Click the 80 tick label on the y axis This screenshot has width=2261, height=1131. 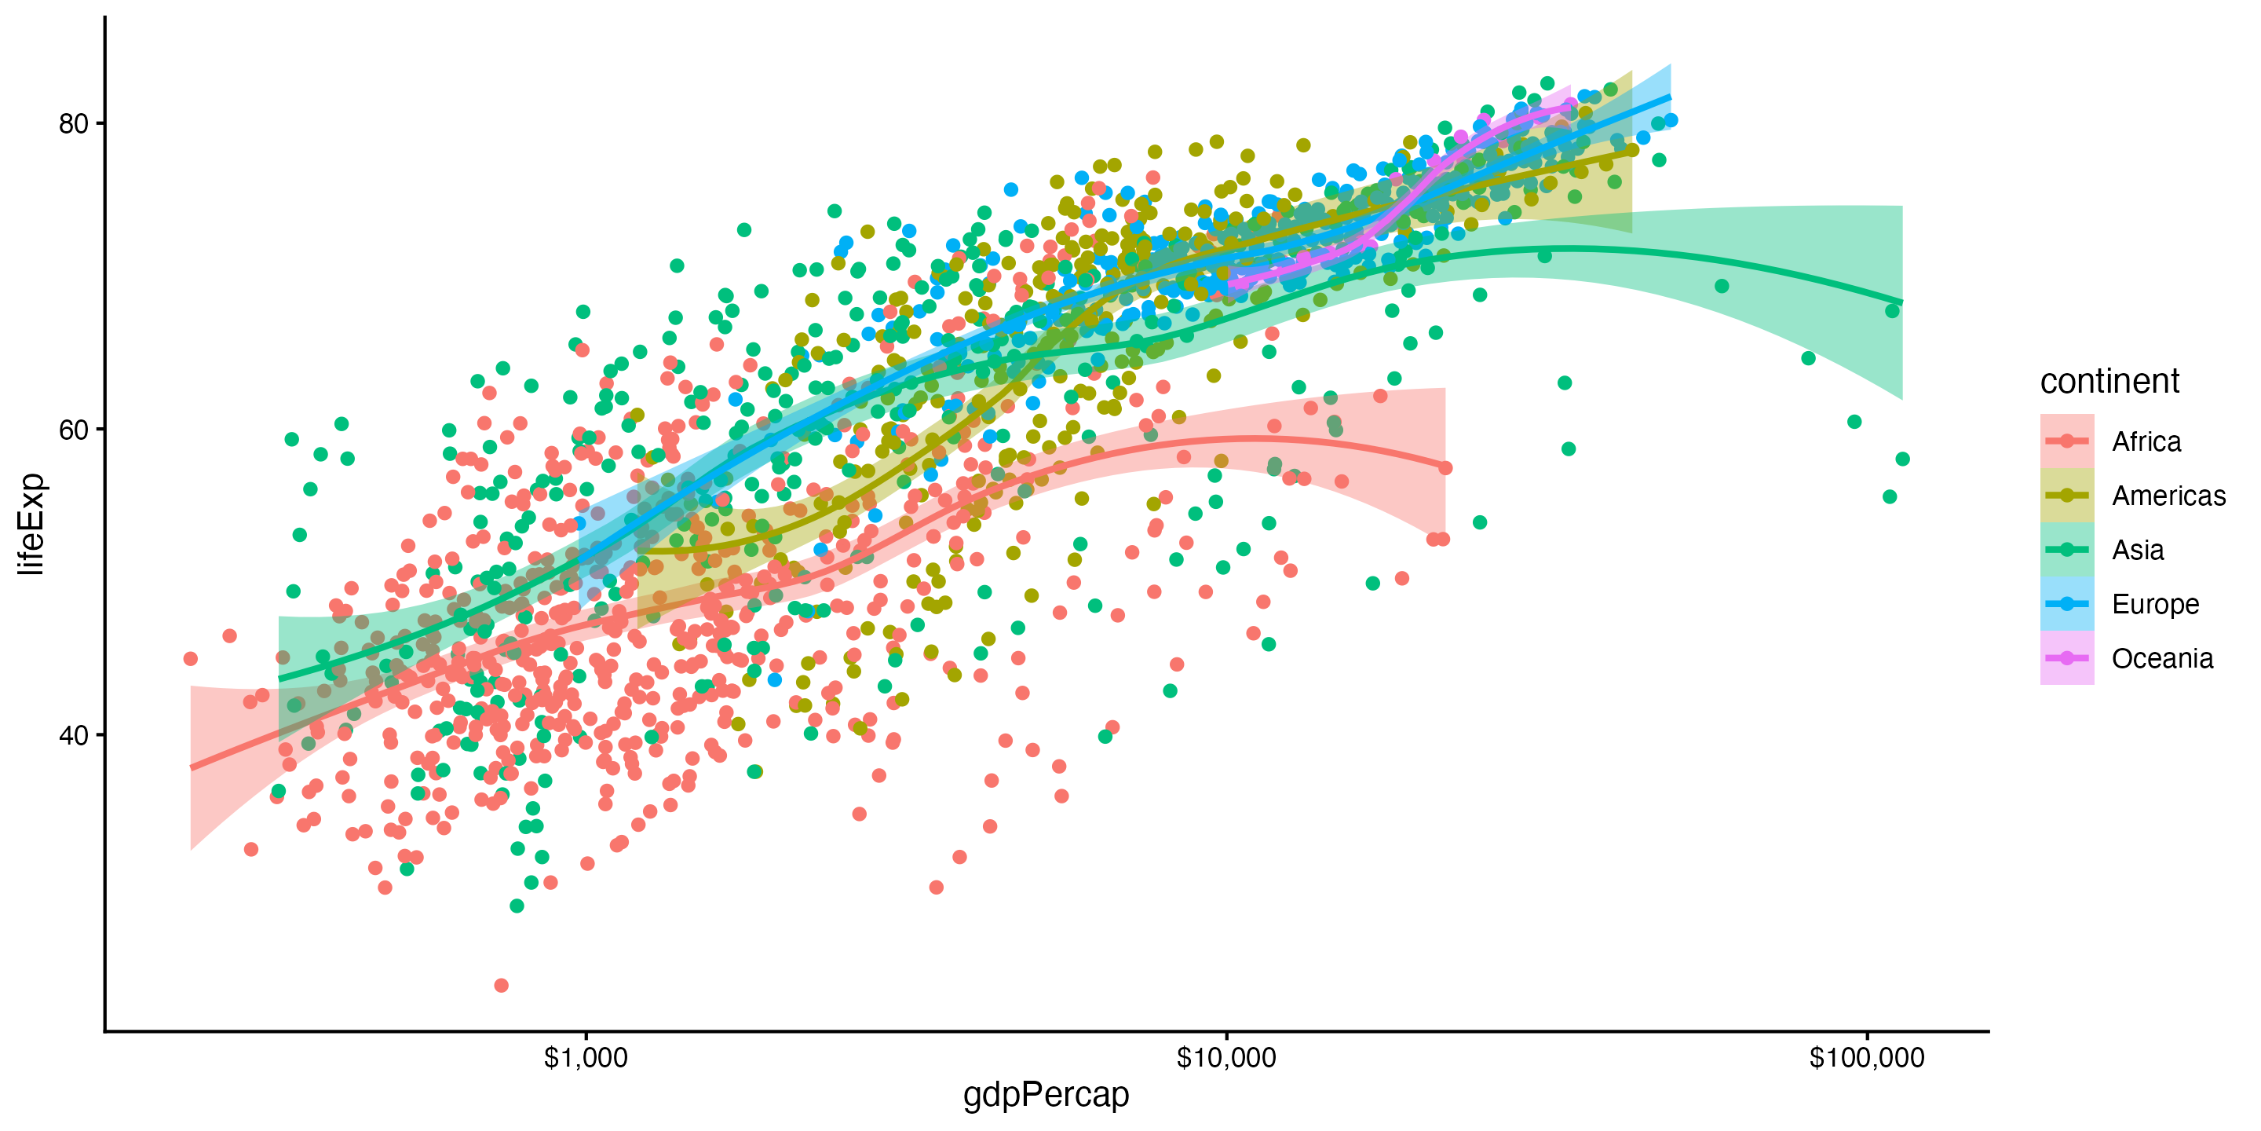[x=74, y=124]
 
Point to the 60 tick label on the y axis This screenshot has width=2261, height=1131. [x=74, y=430]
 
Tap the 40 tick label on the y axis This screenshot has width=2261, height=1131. [x=74, y=736]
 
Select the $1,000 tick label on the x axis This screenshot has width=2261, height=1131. [x=586, y=1058]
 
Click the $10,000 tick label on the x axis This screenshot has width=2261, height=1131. [x=1226, y=1058]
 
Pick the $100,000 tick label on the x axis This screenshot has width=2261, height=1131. [x=1867, y=1058]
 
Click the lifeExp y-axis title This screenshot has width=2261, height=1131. [x=31, y=524]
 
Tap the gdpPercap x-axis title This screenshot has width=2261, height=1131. [x=1046, y=1095]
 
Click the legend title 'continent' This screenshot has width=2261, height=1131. [x=2109, y=381]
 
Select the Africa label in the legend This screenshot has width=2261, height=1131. [x=2146, y=441]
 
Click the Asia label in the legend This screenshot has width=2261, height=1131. [x=2137, y=551]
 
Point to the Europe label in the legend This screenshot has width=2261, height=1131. [x=2155, y=605]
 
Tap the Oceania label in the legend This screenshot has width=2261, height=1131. [x=2162, y=659]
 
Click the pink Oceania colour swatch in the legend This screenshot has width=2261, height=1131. [x=2067, y=659]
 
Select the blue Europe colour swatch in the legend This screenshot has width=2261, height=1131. [x=2067, y=604]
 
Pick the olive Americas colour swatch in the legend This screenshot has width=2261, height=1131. [x=2067, y=496]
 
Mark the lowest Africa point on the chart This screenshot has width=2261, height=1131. [x=501, y=985]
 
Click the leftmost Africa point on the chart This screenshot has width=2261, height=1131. [x=191, y=659]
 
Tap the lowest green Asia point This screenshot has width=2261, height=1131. [x=517, y=906]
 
